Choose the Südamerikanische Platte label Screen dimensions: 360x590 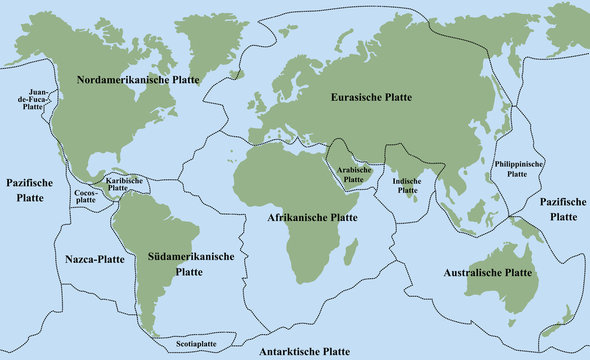pyautogui.click(x=189, y=263)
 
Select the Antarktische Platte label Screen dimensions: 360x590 pyautogui.click(x=304, y=352)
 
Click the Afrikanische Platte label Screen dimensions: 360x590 pyautogui.click(x=313, y=216)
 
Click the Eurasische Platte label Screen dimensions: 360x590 pyautogui.click(x=372, y=97)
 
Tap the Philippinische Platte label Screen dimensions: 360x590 pyautogui.click(x=517, y=168)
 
